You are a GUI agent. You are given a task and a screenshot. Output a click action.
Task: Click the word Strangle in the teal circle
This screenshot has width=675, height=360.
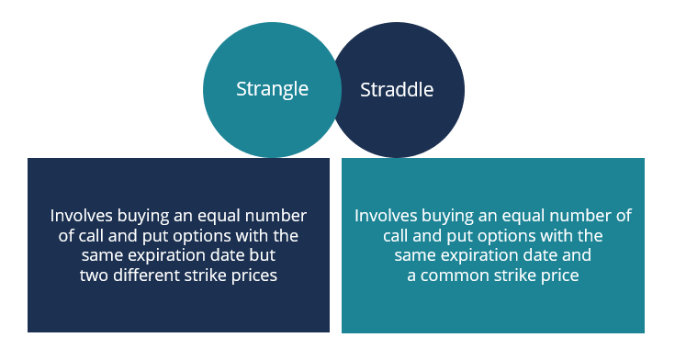272,89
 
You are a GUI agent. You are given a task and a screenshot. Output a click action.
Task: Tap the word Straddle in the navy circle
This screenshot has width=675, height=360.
397,90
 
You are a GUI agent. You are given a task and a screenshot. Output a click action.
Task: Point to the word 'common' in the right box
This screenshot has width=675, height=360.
457,274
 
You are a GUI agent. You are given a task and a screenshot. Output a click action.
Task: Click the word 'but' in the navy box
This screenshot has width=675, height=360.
263,254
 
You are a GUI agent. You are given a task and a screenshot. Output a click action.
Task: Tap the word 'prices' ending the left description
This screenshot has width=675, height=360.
253,274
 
